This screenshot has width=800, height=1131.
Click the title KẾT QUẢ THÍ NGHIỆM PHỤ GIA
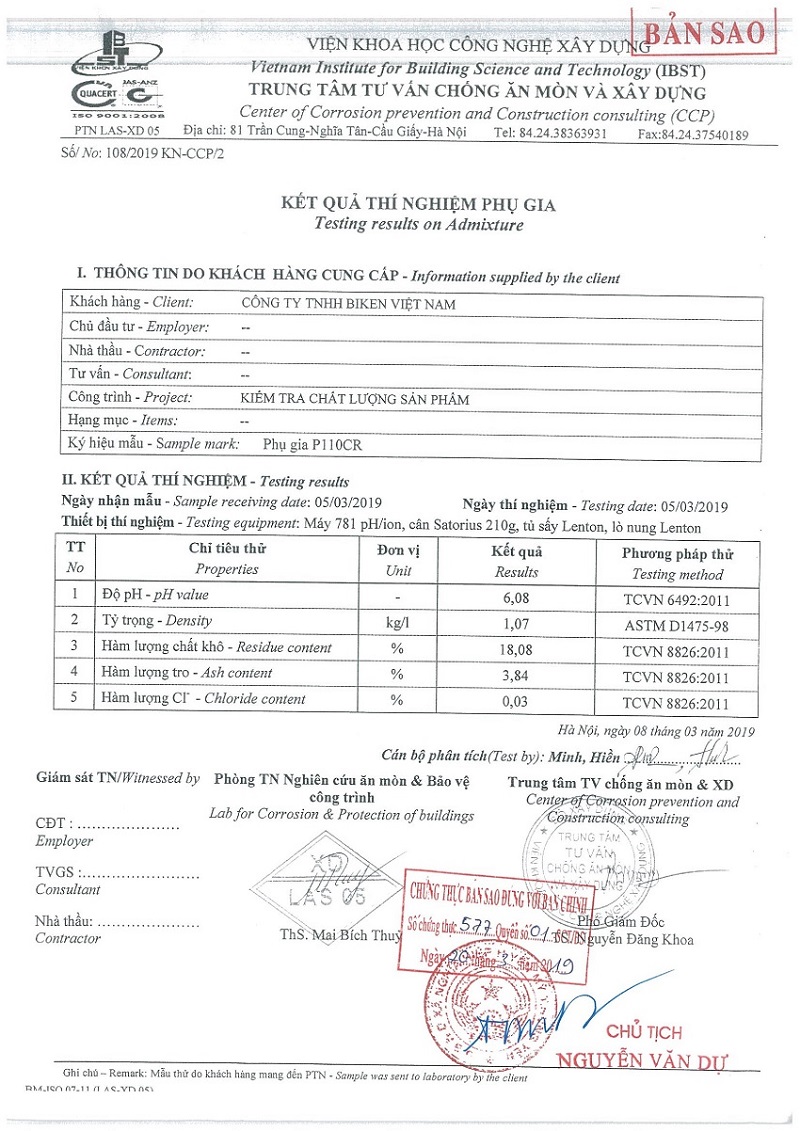(418, 205)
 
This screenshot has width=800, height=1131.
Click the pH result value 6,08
(516, 596)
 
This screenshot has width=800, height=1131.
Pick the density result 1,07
(516, 622)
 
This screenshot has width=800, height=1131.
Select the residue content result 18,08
(516, 648)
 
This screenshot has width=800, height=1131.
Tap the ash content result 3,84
(516, 674)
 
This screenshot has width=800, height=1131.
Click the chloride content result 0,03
(516, 700)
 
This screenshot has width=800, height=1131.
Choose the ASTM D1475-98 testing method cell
(677, 623)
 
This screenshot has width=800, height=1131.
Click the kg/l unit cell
(398, 622)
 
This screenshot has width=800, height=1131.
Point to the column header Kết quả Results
(516, 562)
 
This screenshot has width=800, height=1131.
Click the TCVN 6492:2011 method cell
(677, 597)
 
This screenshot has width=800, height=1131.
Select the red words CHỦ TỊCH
(645, 1032)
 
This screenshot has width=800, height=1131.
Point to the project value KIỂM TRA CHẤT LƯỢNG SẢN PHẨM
(355, 398)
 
